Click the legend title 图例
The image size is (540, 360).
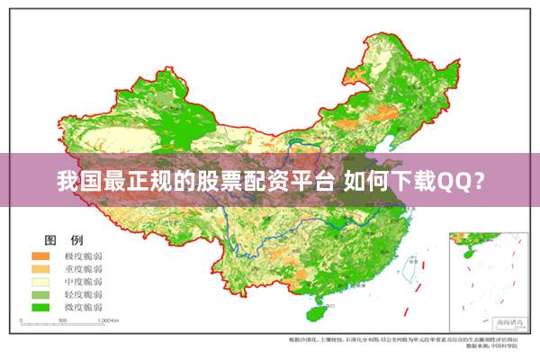tap(64, 240)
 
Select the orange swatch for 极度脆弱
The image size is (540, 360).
tap(40, 256)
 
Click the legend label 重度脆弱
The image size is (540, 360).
tap(82, 268)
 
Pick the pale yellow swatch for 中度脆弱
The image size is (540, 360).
tap(40, 281)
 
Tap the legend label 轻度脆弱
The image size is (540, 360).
tap(82, 293)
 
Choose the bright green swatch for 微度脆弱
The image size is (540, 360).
tap(40, 307)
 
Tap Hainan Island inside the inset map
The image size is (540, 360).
tap(465, 255)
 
